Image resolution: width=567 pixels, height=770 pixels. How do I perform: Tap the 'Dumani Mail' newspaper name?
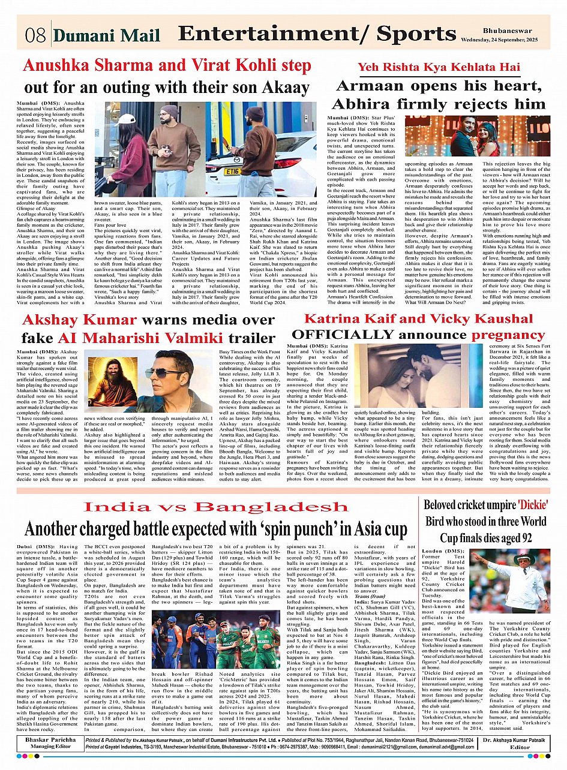[107, 36]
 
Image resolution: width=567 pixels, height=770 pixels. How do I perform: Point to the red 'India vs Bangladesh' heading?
[215, 507]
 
